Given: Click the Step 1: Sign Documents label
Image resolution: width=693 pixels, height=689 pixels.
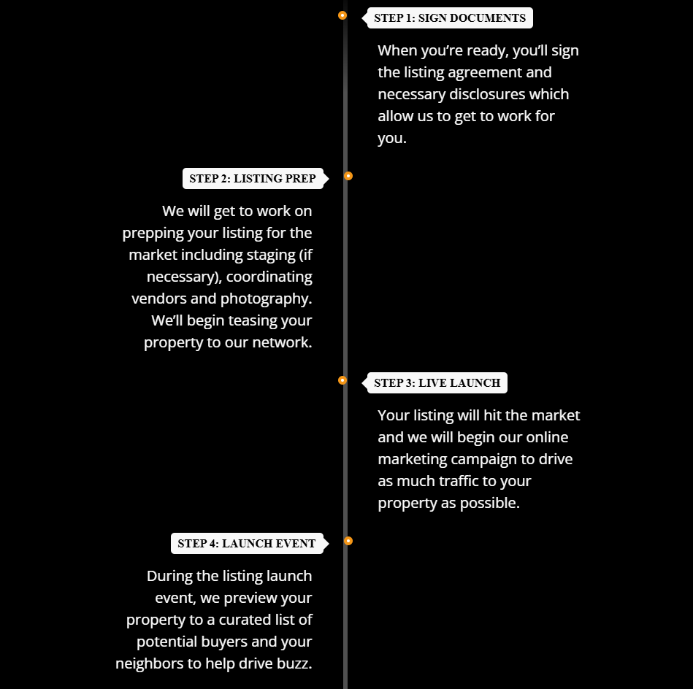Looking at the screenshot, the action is (450, 18).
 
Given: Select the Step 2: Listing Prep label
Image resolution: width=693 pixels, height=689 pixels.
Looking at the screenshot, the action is (253, 178).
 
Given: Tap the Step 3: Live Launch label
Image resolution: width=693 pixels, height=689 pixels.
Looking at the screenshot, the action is (437, 383).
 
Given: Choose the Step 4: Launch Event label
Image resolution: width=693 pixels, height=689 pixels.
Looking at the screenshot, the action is (247, 543).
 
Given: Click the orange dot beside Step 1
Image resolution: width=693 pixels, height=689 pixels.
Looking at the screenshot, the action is (342, 15).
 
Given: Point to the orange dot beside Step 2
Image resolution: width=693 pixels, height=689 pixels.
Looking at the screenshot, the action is (348, 176).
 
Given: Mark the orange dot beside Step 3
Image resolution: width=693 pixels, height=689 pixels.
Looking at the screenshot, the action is (342, 380).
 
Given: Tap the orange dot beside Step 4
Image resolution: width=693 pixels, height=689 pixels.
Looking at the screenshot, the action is (348, 541).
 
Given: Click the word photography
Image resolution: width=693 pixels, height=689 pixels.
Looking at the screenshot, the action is (266, 299).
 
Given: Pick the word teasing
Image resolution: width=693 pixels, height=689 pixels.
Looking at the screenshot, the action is (247, 321).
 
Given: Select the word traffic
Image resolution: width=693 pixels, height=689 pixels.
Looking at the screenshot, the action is (455, 481).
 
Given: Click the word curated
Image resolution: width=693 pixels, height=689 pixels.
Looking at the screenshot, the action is (242, 620).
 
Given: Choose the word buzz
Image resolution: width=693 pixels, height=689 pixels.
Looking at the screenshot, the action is (294, 664).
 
